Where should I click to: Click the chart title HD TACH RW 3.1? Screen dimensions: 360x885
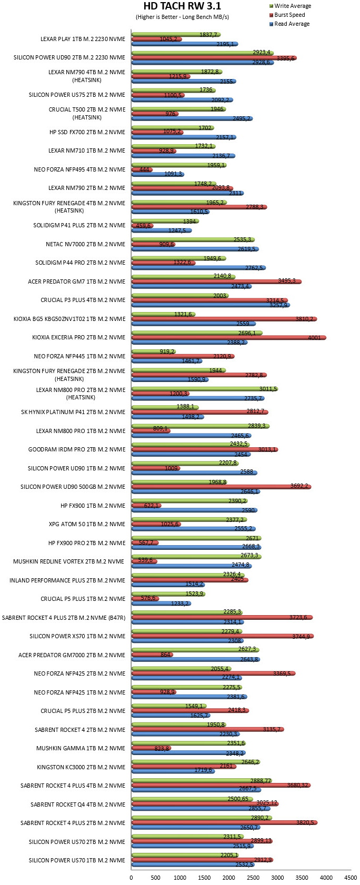point(182,6)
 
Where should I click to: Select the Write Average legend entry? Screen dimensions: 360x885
point(290,6)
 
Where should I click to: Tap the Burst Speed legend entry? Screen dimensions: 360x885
point(287,15)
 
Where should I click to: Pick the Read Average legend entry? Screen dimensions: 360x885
point(289,24)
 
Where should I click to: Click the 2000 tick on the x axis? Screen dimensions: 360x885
point(229,878)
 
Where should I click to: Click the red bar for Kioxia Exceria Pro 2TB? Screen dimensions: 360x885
point(229,337)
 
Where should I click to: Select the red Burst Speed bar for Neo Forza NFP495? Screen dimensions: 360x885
point(142,169)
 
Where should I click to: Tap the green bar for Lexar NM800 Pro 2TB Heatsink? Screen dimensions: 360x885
point(205,389)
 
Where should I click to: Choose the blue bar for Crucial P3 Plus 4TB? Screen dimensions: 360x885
point(211,305)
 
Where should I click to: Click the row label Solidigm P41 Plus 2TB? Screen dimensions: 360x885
point(79,225)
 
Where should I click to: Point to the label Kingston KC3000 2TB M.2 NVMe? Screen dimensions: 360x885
point(81,767)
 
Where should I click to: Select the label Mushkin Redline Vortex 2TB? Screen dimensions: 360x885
point(69,561)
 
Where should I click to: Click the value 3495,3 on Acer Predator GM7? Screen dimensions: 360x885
point(286,280)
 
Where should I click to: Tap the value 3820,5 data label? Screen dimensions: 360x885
point(305,822)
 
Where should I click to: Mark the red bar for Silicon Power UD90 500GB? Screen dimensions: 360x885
point(221,487)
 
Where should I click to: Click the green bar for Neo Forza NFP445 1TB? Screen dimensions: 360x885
point(154,351)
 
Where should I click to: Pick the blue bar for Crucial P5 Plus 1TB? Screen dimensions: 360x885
point(161,604)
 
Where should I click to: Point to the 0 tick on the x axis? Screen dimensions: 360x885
point(131,878)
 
